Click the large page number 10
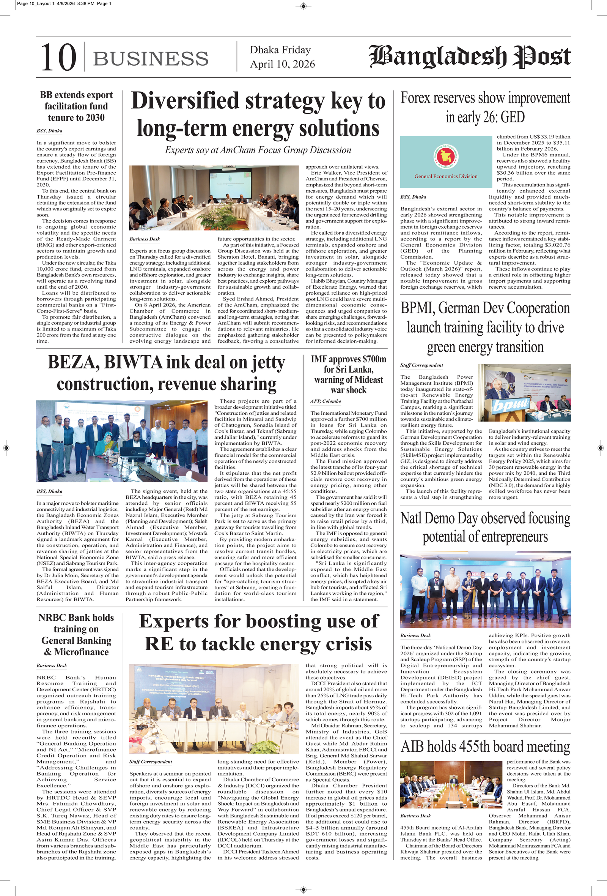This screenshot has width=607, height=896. pyautogui.click(x=58, y=57)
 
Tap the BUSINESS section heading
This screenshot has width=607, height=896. pyautogui.click(x=151, y=58)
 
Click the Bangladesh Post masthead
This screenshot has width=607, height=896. pyautogui.click(x=470, y=56)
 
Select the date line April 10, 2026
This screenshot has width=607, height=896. pyautogui.click(x=282, y=64)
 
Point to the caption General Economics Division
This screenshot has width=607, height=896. pyautogui.click(x=446, y=176)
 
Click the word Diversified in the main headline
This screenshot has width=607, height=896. pyautogui.click(x=185, y=101)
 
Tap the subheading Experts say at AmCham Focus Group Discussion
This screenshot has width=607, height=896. pyautogui.click(x=258, y=150)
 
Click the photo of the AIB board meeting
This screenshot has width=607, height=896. pyautogui.click(x=451, y=785)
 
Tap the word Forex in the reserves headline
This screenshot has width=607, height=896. pyautogui.click(x=415, y=98)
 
